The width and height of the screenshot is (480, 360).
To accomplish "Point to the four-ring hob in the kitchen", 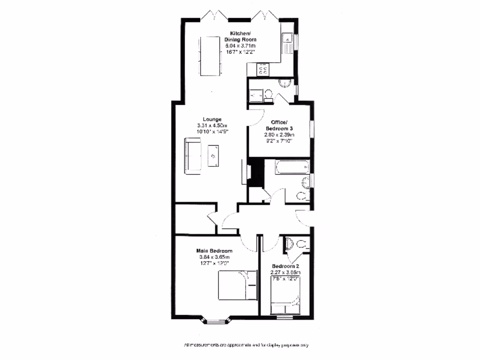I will [263, 70].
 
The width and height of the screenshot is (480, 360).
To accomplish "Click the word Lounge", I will [212, 119].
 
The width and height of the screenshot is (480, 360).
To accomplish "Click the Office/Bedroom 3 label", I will [279, 126].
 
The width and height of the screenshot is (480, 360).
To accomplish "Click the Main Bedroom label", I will [214, 251].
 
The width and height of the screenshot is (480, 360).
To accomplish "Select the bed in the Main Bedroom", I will [237, 286].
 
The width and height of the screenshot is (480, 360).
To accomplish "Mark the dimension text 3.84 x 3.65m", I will [214, 257].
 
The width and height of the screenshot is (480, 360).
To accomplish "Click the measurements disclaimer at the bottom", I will [246, 345].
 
